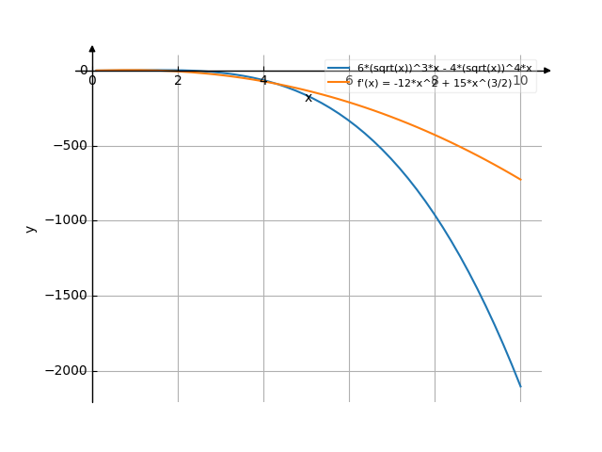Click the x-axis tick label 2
[178, 81]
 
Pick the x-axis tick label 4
[263, 81]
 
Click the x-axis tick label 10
[519, 81]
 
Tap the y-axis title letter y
[31, 229]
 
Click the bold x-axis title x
[309, 98]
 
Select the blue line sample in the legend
[339, 69]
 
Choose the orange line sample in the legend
[339, 83]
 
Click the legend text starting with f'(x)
[435, 83]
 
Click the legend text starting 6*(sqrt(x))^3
[444, 69]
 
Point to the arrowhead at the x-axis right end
[547, 71]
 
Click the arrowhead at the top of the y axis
[92, 48]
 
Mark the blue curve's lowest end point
[520, 386]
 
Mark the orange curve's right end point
[520, 179]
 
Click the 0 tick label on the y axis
[84, 70]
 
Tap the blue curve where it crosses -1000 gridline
[436, 220]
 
